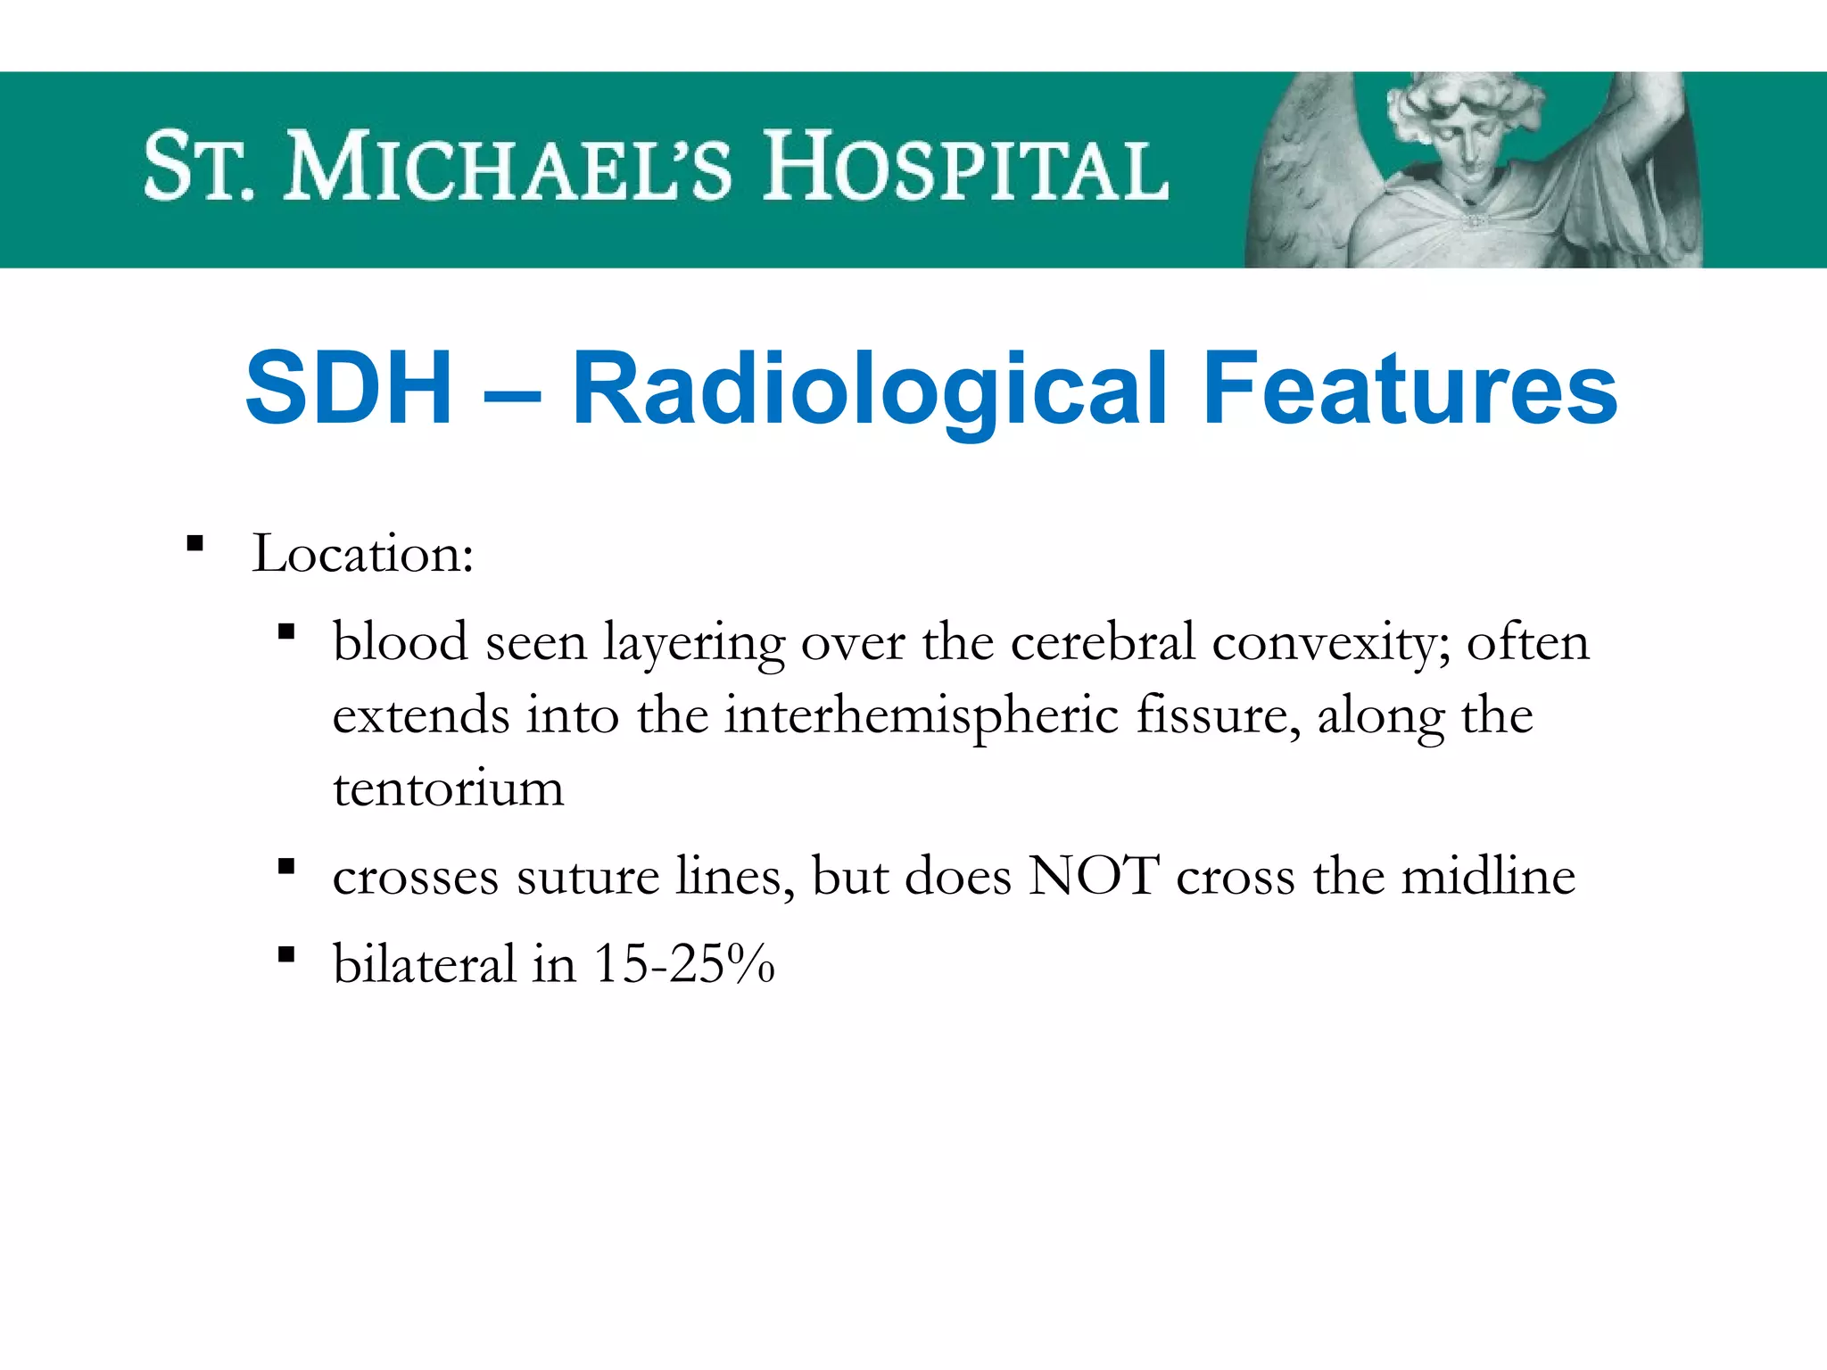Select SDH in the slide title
pos(348,389)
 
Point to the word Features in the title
pos(1410,389)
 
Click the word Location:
pos(362,554)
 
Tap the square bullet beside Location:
pos(195,543)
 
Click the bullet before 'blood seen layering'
pos(286,632)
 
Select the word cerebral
pos(1103,642)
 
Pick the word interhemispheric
pos(921,716)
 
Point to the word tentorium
pos(448,788)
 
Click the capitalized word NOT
pos(1094,876)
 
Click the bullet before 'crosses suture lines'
pos(286,866)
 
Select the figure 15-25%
pos(684,964)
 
